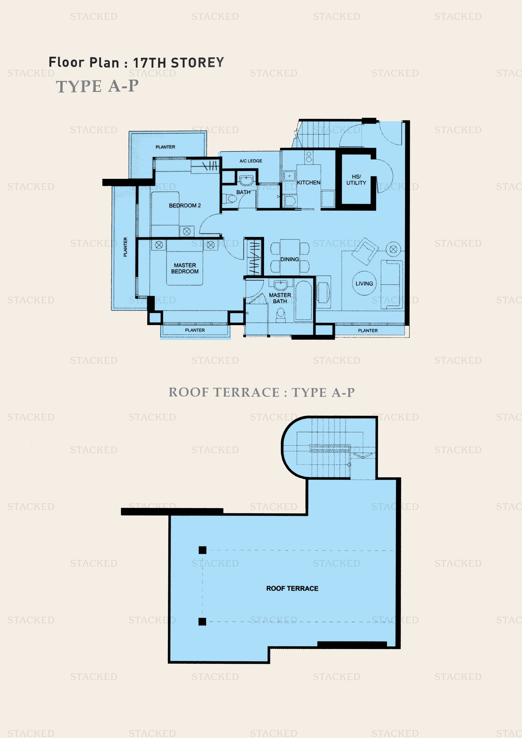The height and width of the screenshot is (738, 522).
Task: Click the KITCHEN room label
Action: pyautogui.click(x=309, y=182)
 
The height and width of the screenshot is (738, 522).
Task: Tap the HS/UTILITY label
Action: pyautogui.click(x=356, y=180)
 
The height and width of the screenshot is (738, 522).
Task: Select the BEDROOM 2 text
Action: pyautogui.click(x=185, y=206)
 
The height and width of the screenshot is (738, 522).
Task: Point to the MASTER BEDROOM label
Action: pyautogui.click(x=185, y=268)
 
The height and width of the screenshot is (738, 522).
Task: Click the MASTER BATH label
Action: pyautogui.click(x=280, y=298)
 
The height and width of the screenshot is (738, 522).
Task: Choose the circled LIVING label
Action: pyautogui.click(x=364, y=283)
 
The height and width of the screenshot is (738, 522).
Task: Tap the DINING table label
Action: pyautogui.click(x=290, y=259)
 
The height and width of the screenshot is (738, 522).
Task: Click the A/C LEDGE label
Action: pyautogui.click(x=251, y=161)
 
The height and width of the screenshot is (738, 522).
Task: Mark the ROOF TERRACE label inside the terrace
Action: pyautogui.click(x=292, y=588)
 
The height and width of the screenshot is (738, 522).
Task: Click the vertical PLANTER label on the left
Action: pyautogui.click(x=125, y=247)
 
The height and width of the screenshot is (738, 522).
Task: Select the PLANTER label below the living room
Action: pyautogui.click(x=368, y=331)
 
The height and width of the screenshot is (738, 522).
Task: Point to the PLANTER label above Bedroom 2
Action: pyautogui.click(x=165, y=147)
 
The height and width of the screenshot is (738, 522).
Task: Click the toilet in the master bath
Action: pyautogui.click(x=281, y=314)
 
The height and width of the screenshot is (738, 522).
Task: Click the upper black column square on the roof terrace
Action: pyautogui.click(x=202, y=550)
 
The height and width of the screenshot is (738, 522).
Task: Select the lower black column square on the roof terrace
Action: pyautogui.click(x=202, y=622)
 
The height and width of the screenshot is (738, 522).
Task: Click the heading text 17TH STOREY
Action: pyautogui.click(x=178, y=63)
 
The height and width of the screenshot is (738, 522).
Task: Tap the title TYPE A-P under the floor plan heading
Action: pyautogui.click(x=97, y=86)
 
